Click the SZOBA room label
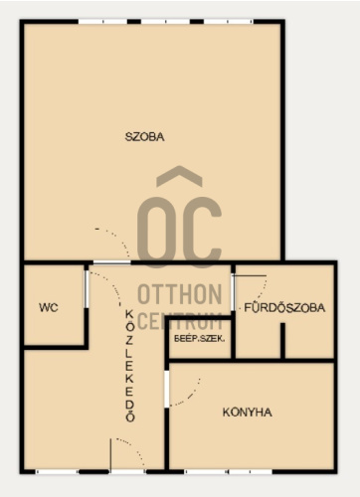144,137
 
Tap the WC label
49,307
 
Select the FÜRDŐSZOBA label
284,308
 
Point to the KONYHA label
248,413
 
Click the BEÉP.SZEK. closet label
200,339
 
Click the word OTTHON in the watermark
180,294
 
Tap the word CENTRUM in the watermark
180,321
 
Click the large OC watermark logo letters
179,232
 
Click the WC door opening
87,289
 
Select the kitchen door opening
167,389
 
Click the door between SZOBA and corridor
112,262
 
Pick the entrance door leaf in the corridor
110,455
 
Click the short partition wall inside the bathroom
282,341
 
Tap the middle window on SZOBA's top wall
165,22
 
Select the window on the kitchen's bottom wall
228,472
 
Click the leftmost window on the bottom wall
57,472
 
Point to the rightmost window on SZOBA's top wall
229,22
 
